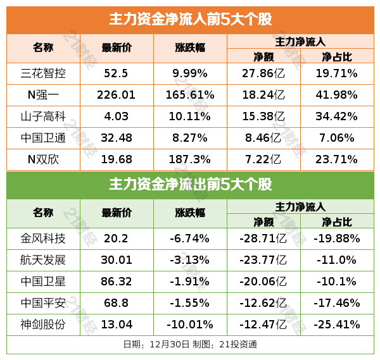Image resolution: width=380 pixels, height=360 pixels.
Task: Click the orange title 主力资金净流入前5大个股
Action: [190, 20]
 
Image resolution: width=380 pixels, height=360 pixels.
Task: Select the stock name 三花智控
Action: [43, 74]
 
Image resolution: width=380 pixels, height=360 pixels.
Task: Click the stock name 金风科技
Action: [43, 239]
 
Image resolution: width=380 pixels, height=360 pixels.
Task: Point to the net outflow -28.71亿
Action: [263, 239]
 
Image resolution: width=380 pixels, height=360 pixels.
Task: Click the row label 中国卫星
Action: [43, 282]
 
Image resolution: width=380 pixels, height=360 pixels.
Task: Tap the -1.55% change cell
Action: [190, 303]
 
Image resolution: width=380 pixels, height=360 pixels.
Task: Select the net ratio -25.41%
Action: [337, 325]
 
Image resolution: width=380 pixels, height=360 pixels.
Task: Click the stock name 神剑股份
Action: [43, 325]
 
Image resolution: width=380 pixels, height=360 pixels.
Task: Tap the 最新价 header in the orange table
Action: [117, 48]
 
